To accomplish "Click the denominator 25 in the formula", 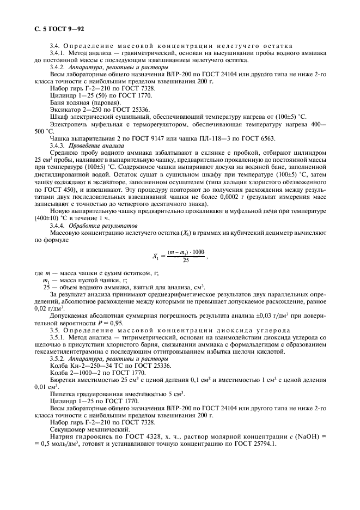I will (186, 260).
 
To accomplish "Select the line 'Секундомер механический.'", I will (87, 429).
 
